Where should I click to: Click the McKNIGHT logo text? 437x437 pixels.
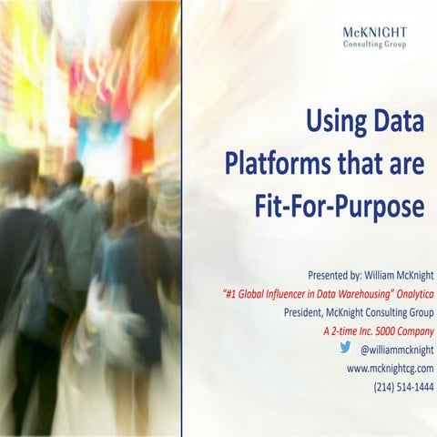(x=374, y=33)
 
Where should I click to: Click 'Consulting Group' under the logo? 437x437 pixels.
(x=374, y=46)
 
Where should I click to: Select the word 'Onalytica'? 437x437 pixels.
(x=411, y=294)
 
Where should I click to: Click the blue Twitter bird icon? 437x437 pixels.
(x=345, y=348)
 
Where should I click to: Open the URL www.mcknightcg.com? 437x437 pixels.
(x=390, y=368)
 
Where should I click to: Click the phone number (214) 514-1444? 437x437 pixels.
(x=403, y=386)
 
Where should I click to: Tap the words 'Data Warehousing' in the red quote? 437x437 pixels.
(x=342, y=294)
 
